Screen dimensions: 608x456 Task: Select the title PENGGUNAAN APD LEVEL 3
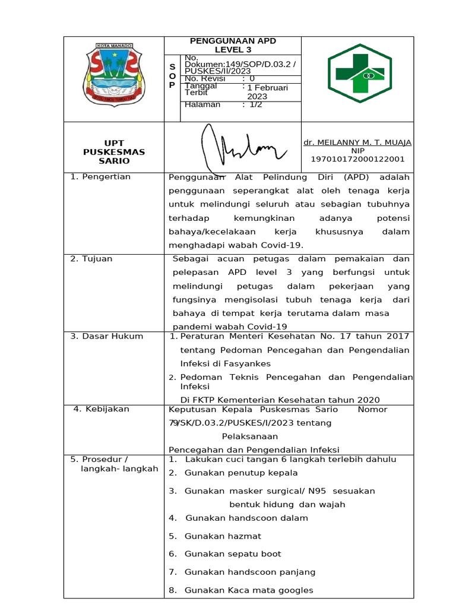pyautogui.click(x=233, y=45)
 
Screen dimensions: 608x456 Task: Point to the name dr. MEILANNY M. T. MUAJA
pyautogui.click(x=357, y=142)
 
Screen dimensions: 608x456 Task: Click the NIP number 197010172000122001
pyautogui.click(x=357, y=159)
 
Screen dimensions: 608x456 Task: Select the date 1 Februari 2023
pyautogui.click(x=267, y=92)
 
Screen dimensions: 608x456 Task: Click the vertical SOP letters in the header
pyautogui.click(x=172, y=77)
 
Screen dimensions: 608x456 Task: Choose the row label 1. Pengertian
pyautogui.click(x=100, y=177)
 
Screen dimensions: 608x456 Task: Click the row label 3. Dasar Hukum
pyautogui.click(x=107, y=336)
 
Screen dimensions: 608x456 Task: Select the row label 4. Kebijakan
pyautogui.click(x=101, y=409)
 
